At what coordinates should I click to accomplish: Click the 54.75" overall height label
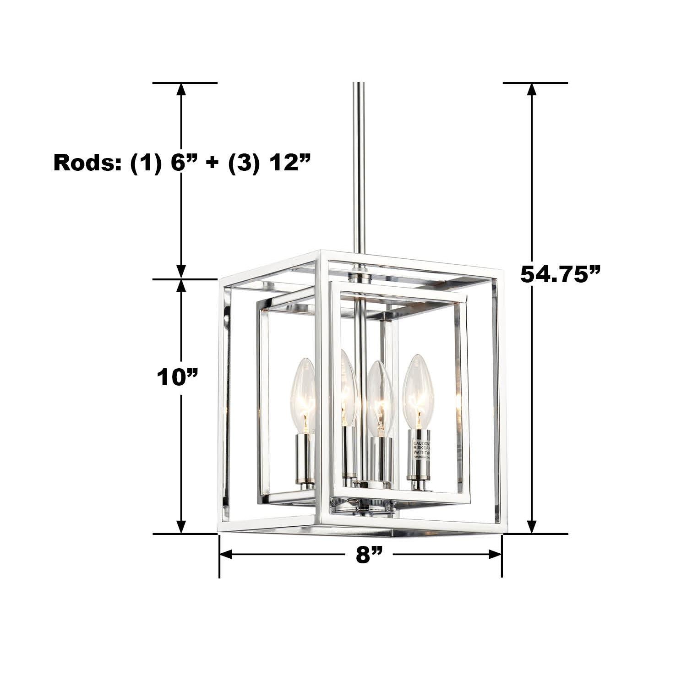coord(560,274)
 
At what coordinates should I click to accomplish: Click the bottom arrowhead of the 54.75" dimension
coord(531,527)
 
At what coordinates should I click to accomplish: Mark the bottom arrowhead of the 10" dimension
coord(182,527)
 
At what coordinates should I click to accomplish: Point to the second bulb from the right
coord(380,398)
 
